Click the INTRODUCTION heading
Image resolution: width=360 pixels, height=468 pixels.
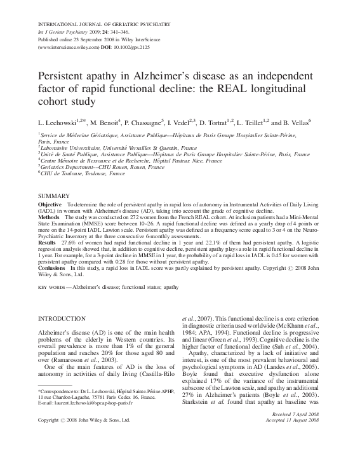click(x=62, y=318)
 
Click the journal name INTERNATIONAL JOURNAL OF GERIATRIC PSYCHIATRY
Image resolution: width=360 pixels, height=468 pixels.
click(x=104, y=24)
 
